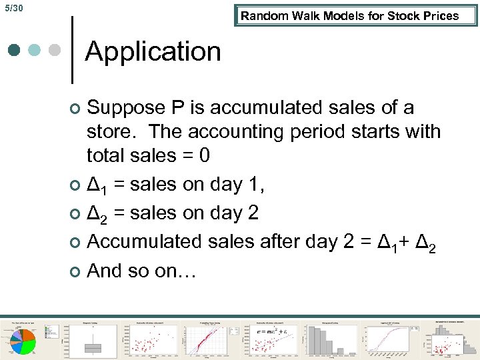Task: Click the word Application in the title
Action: pos(153,51)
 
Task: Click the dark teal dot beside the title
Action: pos(15,51)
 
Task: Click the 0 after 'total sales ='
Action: pos(204,155)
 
